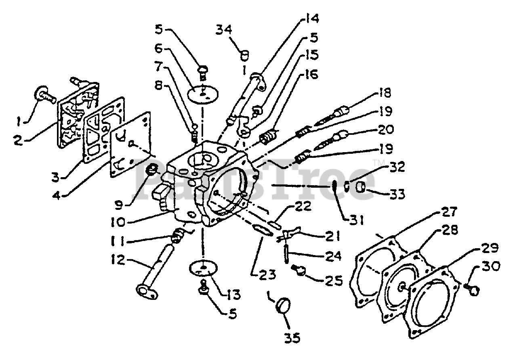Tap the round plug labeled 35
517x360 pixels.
(282, 305)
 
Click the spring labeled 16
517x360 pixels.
(267, 138)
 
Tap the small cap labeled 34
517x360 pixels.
(244, 54)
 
